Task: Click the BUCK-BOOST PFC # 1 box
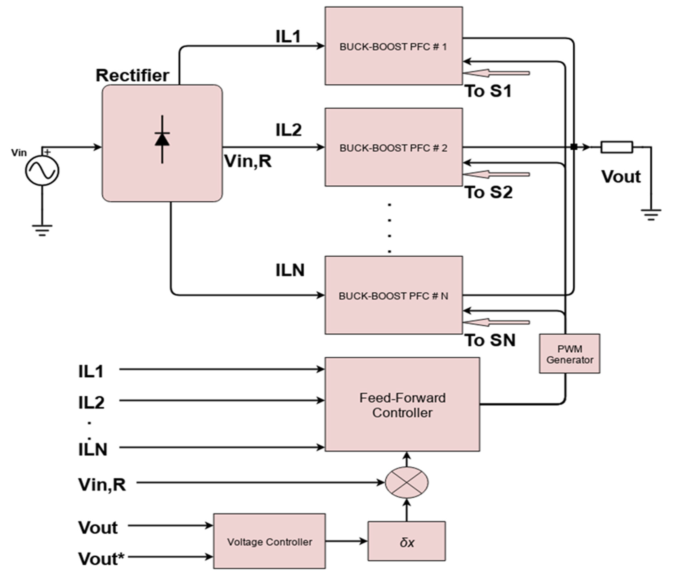click(394, 46)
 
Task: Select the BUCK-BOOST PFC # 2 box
click(394, 147)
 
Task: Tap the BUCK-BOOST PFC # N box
click(394, 295)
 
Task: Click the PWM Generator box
click(569, 354)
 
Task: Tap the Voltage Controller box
click(269, 542)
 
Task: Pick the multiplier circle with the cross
click(407, 482)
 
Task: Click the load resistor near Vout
click(616, 147)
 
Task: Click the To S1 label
click(488, 91)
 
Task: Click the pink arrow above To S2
click(496, 175)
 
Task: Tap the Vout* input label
click(101, 559)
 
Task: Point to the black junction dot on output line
click(574, 147)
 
